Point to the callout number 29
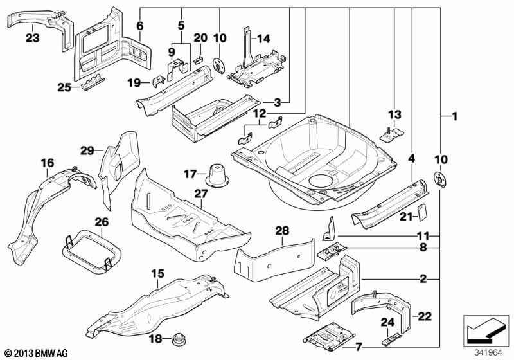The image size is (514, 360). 87,150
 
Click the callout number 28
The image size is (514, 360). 283,230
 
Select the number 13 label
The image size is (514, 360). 394,114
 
